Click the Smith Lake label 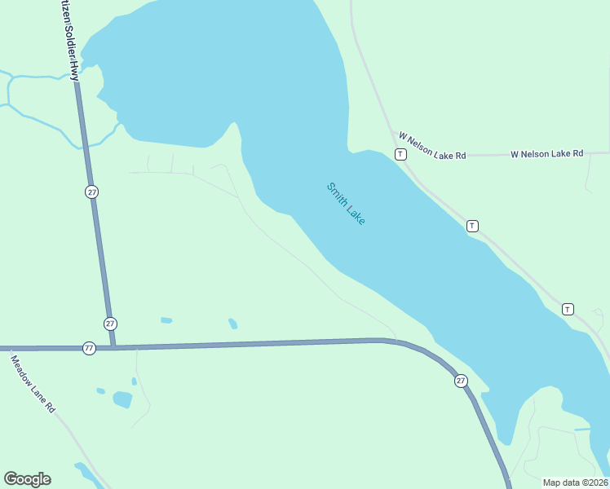(x=346, y=204)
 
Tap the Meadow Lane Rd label (x=33, y=383)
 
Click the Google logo (x=27, y=479)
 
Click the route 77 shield (x=89, y=348)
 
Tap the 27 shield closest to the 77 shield (x=110, y=323)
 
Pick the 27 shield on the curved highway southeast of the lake (x=461, y=381)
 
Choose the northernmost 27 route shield (x=91, y=192)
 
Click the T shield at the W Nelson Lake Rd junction (x=400, y=154)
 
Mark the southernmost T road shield (x=568, y=309)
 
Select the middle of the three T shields (x=472, y=226)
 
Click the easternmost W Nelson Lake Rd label (x=547, y=153)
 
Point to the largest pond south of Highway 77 (x=122, y=399)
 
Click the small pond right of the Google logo (x=85, y=470)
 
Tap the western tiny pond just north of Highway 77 (x=166, y=320)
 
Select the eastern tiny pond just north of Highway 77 (x=233, y=324)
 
